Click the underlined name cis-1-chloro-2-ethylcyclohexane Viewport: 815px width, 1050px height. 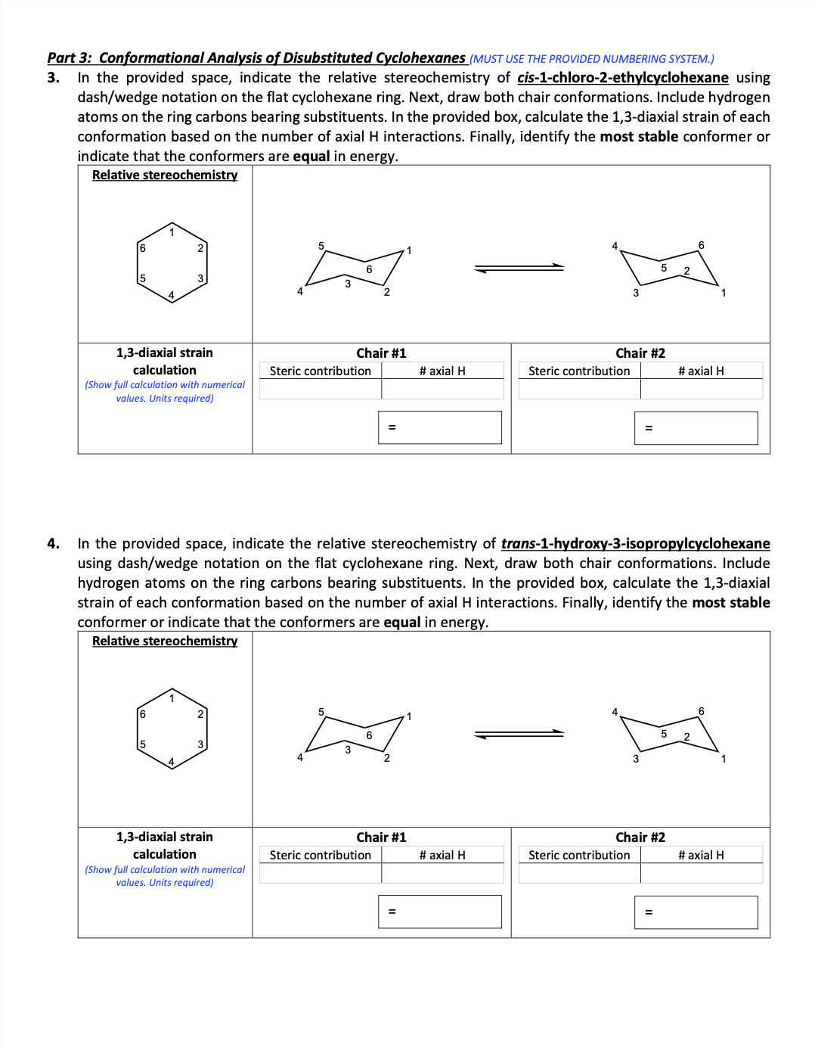[x=622, y=78]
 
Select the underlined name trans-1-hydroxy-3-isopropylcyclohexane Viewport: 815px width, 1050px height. [x=635, y=544]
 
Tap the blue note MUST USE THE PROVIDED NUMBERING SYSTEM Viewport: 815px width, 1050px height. [x=591, y=59]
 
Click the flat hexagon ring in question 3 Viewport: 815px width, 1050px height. [x=172, y=262]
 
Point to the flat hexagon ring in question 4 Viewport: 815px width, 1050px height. [x=172, y=728]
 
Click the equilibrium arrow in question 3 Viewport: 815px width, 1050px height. [x=519, y=268]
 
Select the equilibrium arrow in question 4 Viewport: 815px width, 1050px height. [x=519, y=734]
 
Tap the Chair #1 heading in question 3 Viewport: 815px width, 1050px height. [x=381, y=353]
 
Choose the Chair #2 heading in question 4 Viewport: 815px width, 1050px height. [x=640, y=837]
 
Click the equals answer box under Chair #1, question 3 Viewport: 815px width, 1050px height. [x=440, y=427]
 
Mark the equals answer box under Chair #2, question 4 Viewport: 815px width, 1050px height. [x=696, y=912]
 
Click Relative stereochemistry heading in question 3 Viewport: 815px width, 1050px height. [x=165, y=176]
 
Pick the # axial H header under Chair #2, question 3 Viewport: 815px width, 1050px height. [x=701, y=371]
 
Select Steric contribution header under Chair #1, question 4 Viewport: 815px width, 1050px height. [x=321, y=855]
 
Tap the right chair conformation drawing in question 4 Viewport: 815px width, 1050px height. [x=669, y=734]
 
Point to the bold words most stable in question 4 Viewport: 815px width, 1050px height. [x=731, y=603]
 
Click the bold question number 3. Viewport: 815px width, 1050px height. [x=53, y=78]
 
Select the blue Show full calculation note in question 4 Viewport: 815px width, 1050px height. [x=165, y=876]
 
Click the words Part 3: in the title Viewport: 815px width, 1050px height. [x=70, y=58]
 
